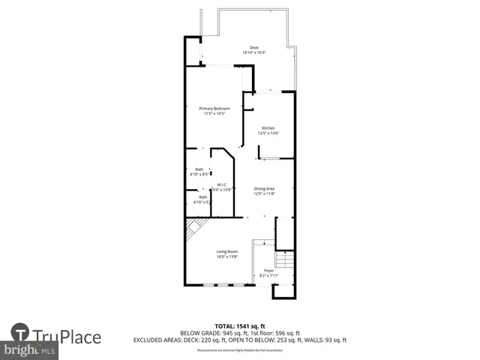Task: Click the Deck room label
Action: click(254, 47)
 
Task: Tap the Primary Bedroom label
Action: click(214, 108)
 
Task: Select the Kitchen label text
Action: click(268, 128)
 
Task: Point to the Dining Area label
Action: click(265, 188)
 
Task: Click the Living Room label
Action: click(226, 251)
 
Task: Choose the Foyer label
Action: click(268, 270)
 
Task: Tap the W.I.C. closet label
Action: click(222, 184)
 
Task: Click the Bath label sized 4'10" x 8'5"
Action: click(199, 169)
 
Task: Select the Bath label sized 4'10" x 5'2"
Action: click(202, 197)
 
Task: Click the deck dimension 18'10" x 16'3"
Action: click(254, 52)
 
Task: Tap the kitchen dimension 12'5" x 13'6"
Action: click(268, 133)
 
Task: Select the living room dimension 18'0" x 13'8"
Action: click(226, 256)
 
